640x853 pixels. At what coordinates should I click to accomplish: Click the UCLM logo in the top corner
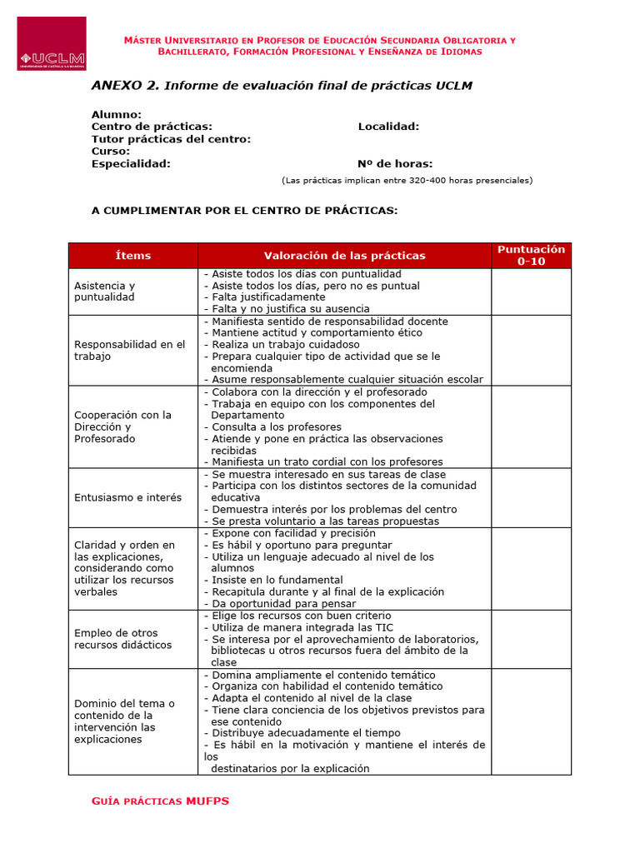tap(52, 43)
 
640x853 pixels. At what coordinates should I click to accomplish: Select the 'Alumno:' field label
tap(116, 114)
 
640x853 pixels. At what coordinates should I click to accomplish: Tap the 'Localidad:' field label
tap(388, 127)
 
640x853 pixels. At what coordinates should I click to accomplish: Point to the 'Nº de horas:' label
tap(394, 164)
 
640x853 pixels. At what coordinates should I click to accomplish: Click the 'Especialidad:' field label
tap(131, 164)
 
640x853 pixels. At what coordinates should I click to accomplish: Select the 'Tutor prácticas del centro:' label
tap(171, 139)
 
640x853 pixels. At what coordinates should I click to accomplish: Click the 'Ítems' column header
tap(133, 256)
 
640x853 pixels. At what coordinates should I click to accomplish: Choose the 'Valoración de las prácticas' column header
tap(344, 256)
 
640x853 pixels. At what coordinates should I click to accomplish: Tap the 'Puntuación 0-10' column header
tap(531, 255)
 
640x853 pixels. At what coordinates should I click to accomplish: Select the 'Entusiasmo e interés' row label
tap(127, 497)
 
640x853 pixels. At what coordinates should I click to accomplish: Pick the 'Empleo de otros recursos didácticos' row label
tap(122, 639)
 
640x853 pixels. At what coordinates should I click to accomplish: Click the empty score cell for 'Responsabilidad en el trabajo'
tap(531, 350)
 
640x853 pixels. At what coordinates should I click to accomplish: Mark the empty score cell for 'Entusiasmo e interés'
tap(531, 497)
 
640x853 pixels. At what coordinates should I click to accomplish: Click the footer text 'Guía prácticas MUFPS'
tap(160, 801)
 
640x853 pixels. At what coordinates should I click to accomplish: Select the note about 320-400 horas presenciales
tap(407, 181)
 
